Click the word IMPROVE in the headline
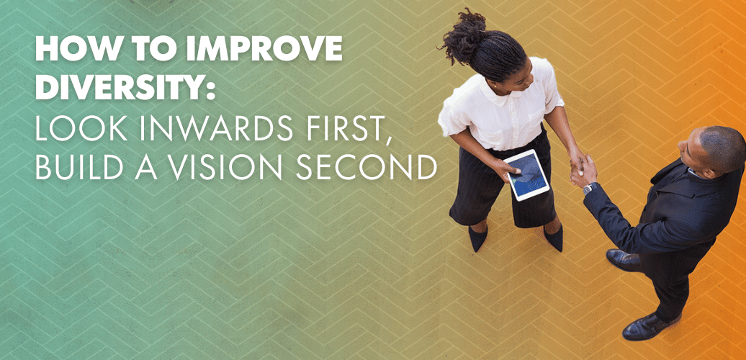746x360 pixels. pyautogui.click(x=264, y=48)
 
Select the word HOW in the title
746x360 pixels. pyautogui.click(x=66, y=48)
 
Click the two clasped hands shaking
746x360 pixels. pyautogui.click(x=581, y=167)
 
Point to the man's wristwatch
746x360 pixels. pyautogui.click(x=590, y=188)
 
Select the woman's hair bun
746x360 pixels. pyautogui.click(x=461, y=37)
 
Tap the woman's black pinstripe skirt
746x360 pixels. pyautogui.click(x=503, y=190)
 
